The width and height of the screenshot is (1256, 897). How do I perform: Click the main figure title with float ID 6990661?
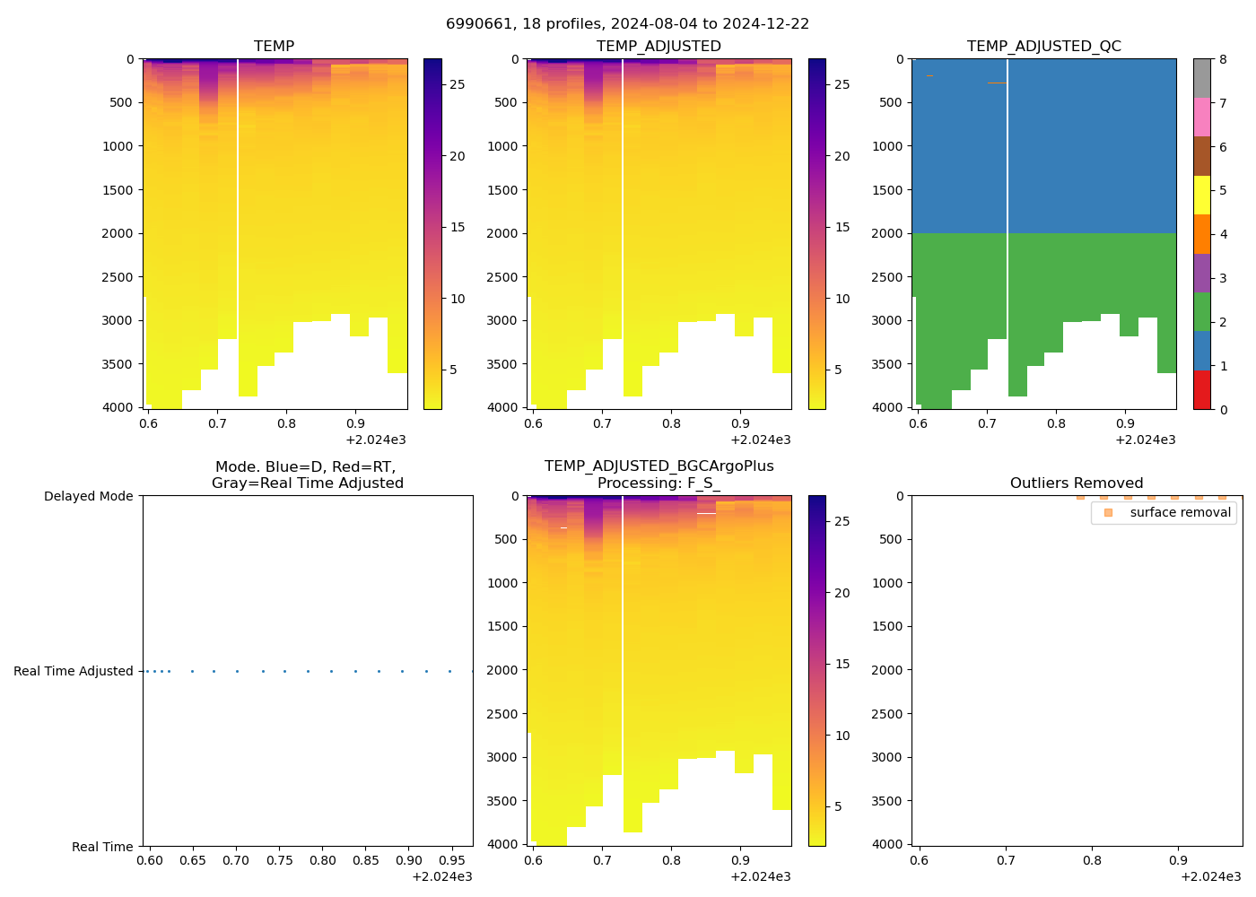627,24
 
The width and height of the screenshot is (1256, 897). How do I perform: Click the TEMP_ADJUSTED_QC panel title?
1043,46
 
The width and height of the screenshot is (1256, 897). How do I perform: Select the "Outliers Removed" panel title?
1076,483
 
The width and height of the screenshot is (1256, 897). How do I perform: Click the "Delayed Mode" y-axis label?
88,496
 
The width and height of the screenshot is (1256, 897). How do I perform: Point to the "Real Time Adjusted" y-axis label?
73,671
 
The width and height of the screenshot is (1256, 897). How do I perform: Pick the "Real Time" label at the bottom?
102,847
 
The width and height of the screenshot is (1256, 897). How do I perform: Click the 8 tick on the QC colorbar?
1223,59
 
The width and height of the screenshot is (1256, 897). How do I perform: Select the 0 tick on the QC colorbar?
1223,409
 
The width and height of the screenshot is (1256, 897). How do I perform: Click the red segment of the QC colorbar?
1202,390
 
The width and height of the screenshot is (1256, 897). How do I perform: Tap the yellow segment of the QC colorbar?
1202,195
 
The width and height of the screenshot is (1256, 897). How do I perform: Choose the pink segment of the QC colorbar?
1202,118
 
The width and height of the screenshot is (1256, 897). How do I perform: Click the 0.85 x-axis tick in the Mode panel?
366,860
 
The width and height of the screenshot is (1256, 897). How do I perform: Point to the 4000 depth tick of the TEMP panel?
117,407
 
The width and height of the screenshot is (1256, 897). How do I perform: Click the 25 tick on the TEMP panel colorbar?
458,84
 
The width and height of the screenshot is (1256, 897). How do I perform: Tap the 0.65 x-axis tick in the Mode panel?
193,860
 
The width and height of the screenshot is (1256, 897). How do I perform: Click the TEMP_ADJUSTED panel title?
659,46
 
